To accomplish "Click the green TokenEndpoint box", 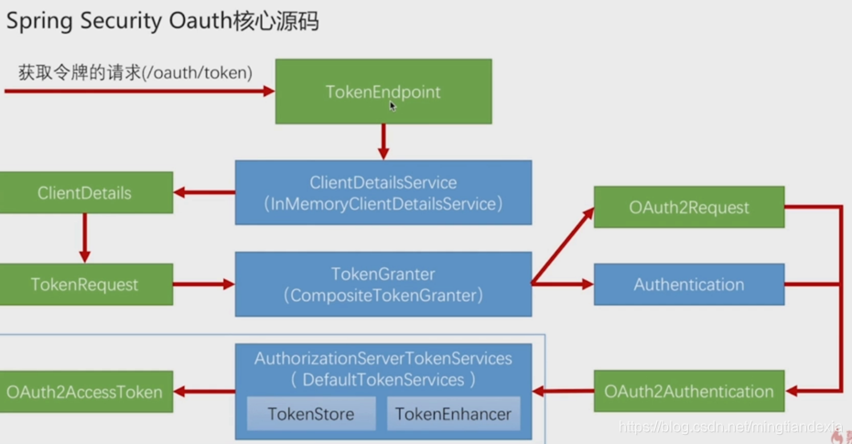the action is (383, 92).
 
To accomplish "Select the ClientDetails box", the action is (86, 192).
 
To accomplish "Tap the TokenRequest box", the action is (86, 284).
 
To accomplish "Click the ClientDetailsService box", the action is (383, 192).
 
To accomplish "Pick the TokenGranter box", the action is (383, 284).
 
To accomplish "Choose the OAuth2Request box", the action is (689, 207).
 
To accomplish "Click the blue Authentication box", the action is (689, 284).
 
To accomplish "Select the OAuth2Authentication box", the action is (689, 391).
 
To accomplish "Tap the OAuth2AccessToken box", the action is (86, 391).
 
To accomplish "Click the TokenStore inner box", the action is (311, 414).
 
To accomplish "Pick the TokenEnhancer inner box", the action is (453, 414).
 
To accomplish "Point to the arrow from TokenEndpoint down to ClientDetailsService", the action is (383, 142).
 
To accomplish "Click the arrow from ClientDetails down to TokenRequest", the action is (85, 238).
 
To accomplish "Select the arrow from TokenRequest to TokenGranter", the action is (204, 284).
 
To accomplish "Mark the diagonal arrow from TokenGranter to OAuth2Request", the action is (563, 245).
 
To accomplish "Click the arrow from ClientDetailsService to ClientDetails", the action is (204, 192).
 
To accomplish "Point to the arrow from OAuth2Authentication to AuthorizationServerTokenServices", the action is (563, 391).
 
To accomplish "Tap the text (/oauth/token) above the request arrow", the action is (197, 73).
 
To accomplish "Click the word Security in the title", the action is (121, 22).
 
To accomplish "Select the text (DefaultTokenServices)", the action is (383, 379).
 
